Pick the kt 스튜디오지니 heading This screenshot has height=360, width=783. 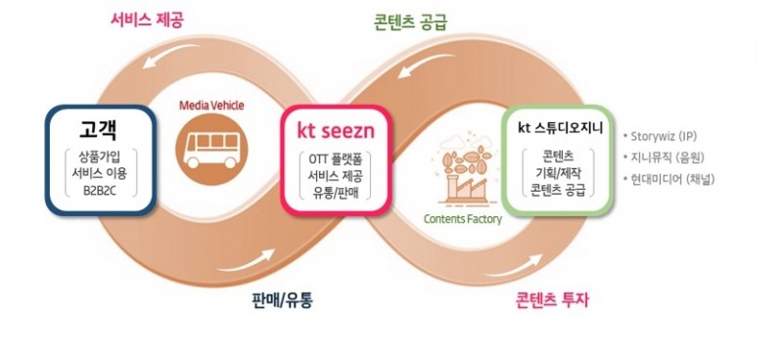pos(560,128)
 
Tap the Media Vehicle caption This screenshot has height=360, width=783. pos(212,105)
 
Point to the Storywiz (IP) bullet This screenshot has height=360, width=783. pos(671,135)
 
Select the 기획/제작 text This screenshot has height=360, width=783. pos(561,173)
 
